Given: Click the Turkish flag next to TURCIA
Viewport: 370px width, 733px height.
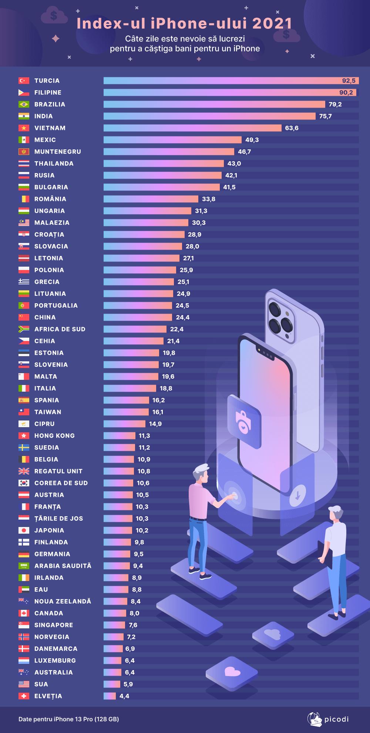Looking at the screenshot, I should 24,81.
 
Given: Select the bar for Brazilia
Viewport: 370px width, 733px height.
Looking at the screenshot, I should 214,104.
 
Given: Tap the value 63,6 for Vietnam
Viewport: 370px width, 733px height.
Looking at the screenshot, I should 292,128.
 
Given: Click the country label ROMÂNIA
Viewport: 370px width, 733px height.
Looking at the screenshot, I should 50,199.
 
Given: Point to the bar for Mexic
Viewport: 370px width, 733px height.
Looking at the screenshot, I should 172,140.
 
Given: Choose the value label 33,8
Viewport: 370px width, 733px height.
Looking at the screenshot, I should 209,199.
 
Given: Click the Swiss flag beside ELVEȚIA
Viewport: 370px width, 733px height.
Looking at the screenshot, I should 24,696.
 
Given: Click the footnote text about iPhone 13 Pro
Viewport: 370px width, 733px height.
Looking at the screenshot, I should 69,719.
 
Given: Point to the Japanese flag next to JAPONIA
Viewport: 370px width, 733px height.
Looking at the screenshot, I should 24,530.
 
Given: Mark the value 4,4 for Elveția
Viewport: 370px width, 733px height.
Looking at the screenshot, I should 124,696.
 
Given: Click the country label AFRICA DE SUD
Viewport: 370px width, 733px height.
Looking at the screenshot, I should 60,329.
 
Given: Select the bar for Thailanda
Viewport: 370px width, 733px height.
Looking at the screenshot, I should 164,163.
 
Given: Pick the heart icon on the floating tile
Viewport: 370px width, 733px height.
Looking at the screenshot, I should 232,672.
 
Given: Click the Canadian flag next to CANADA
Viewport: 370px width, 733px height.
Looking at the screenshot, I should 24,613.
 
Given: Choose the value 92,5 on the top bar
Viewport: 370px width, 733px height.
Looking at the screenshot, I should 349,81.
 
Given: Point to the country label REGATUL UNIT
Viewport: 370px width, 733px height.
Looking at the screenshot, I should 58,471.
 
